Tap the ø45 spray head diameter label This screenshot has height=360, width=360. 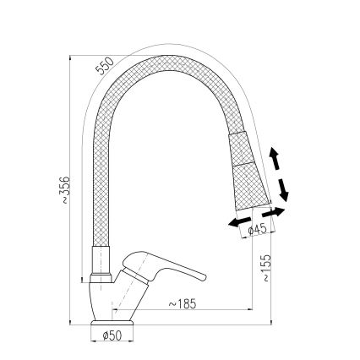pyautogui.click(x=257, y=229)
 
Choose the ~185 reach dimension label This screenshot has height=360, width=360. pyautogui.click(x=182, y=303)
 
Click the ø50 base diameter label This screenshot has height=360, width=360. pyautogui.click(x=112, y=336)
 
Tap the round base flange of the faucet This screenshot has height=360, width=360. pyautogui.click(x=112, y=323)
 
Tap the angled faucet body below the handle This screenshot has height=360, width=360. pyautogui.click(x=118, y=300)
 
